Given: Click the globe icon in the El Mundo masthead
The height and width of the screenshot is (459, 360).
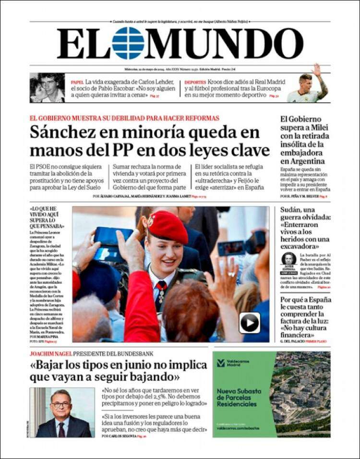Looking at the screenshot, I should click(x=128, y=43).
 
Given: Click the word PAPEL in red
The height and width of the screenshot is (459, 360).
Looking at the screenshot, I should click(x=77, y=82).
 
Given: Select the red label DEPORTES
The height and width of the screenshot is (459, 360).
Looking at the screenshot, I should click(x=195, y=82).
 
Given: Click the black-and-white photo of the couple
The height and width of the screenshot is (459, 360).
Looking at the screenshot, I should click(x=47, y=88).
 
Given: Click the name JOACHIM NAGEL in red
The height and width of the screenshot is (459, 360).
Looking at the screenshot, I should click(x=50, y=353).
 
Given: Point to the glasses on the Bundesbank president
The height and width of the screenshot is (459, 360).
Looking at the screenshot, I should click(x=61, y=404).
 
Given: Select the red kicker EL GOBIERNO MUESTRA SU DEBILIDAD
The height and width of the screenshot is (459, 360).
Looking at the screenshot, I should click(x=124, y=118).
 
